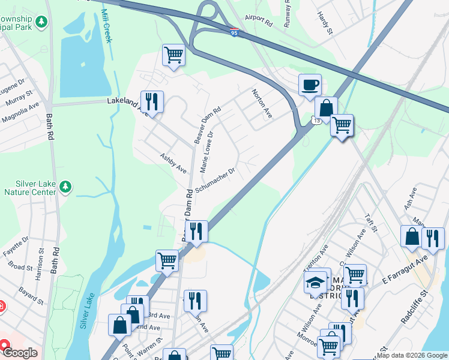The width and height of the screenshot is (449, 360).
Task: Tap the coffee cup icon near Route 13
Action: click(x=310, y=85)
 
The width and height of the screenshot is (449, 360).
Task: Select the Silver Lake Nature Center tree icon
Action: click(x=65, y=188)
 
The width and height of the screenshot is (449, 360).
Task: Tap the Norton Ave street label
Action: click(x=262, y=104)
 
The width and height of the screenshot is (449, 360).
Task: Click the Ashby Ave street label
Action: click(x=173, y=163)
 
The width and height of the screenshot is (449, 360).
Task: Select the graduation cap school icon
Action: click(x=316, y=281)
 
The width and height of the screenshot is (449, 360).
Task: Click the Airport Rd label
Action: click(x=259, y=23)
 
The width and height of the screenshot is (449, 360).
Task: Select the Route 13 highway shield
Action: click(x=315, y=121)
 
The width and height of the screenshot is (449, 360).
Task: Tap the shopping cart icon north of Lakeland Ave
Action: click(x=173, y=55)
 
